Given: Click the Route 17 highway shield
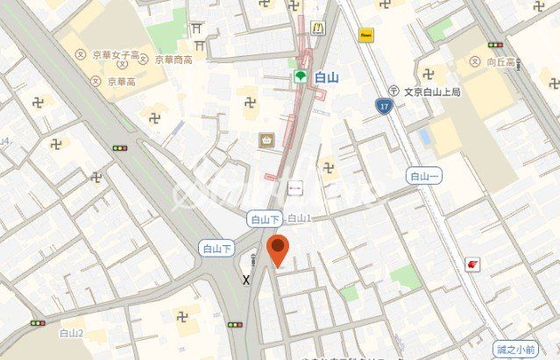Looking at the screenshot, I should point(383,107).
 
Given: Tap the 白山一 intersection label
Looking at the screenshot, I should point(425,176).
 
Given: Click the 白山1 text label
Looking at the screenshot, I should point(300,218).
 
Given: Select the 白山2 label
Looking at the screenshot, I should point(71,333).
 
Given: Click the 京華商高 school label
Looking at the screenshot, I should point(174,60).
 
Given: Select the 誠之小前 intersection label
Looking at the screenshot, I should point(514,349).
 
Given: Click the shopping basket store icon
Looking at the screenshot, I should point(266,139).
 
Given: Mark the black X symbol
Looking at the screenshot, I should point(245,280).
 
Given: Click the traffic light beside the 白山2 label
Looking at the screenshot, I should point(38,323).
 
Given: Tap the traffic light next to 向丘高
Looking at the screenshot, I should point(495,45).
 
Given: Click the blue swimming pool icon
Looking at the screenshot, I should point(425,138).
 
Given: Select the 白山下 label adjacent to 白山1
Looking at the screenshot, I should point(264,220).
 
